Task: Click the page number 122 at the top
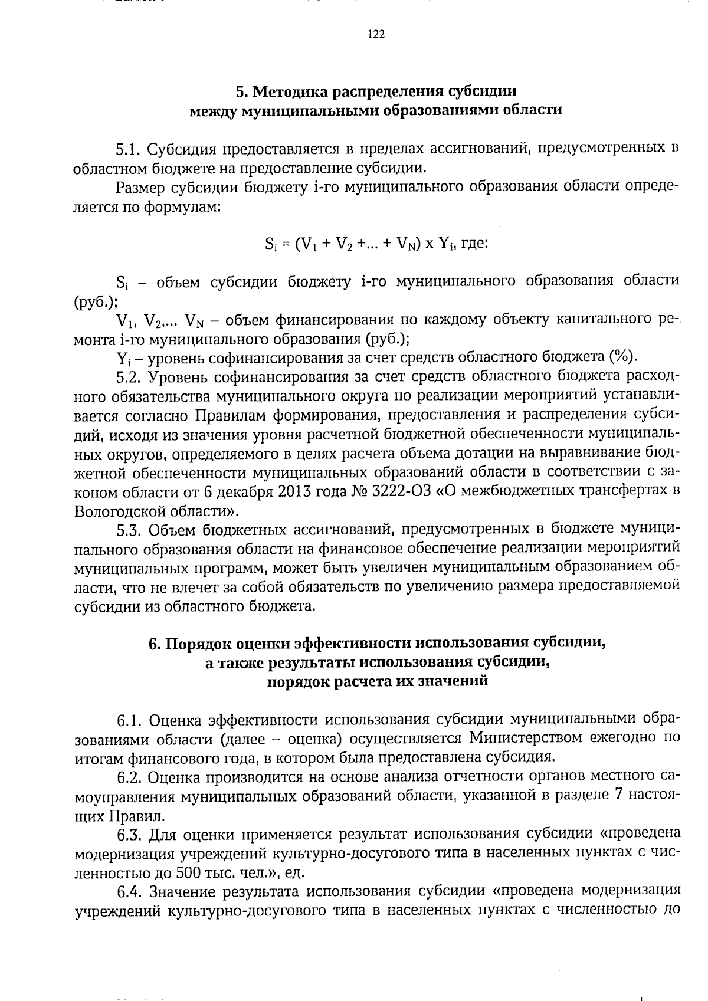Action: (x=376, y=34)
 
